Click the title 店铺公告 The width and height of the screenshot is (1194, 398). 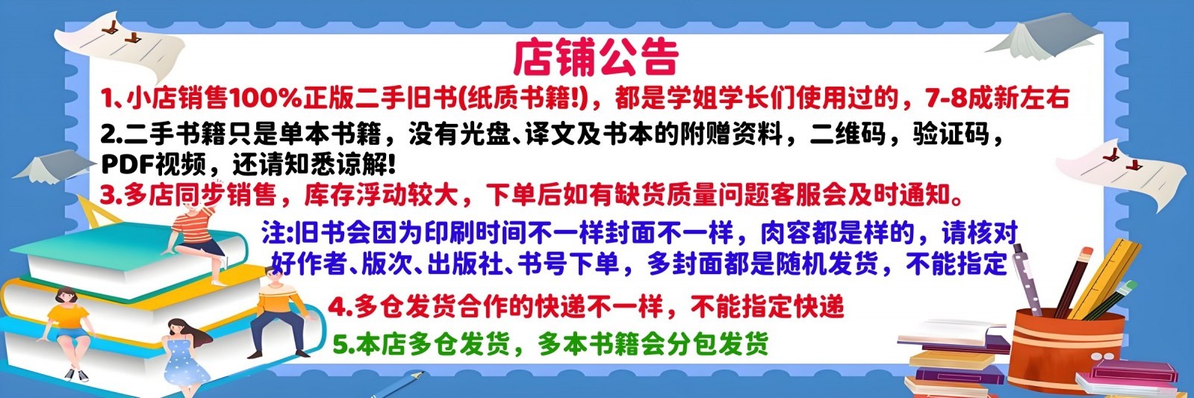[595, 57]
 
